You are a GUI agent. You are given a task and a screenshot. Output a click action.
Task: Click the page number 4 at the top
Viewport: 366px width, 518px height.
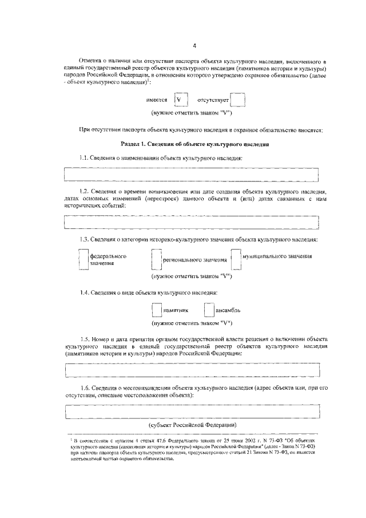pyautogui.click(x=194, y=46)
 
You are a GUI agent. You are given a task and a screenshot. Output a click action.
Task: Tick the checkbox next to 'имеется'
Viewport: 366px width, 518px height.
pyautogui.click(x=181, y=100)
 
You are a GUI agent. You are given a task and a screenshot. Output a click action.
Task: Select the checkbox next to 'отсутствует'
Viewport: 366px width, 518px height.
pyautogui.click(x=237, y=100)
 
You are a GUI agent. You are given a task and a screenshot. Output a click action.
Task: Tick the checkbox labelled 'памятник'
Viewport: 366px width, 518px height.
pyautogui.click(x=157, y=310)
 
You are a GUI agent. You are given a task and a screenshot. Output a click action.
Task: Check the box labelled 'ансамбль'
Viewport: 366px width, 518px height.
pyautogui.click(x=209, y=310)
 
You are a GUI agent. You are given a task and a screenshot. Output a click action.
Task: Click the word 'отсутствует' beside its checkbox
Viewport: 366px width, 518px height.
pyautogui.click(x=213, y=100)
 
